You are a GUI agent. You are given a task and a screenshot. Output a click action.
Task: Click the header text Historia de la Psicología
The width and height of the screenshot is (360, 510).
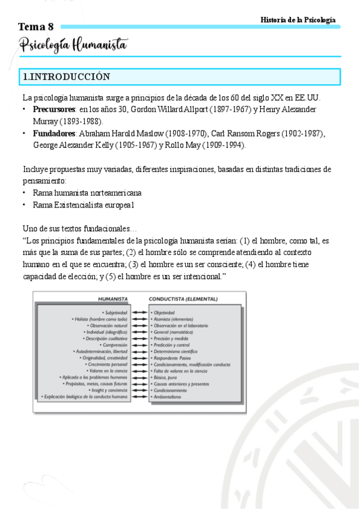coord(297,20)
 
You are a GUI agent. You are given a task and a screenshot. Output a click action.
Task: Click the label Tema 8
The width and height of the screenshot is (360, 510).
coord(36,27)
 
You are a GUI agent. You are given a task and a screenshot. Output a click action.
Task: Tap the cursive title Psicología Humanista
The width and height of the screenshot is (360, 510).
coord(73,45)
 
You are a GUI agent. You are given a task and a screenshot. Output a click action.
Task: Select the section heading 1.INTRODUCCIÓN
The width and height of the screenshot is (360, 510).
coord(66,77)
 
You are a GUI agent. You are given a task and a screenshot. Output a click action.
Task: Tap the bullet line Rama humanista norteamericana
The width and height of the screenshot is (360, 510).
coord(88,193)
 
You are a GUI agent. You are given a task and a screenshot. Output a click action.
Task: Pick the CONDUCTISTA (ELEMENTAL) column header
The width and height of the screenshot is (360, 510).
coord(183,298)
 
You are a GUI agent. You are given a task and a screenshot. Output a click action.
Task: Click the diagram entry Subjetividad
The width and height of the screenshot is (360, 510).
coord(115,312)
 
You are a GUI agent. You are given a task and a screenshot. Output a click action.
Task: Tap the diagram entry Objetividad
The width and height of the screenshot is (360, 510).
coord(163,312)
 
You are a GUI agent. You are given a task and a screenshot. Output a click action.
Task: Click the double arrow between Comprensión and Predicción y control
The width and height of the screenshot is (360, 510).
coord(140,345)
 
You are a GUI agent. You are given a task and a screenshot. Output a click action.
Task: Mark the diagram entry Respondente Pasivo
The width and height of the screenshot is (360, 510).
coord(175,358)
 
